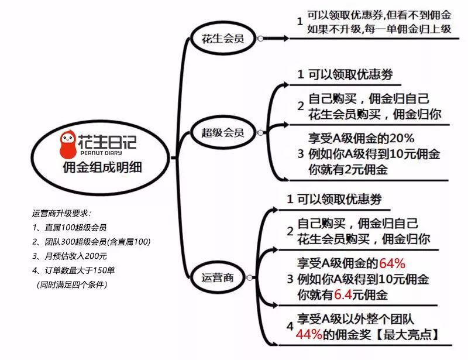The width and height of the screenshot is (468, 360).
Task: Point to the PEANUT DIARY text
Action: point(101,153)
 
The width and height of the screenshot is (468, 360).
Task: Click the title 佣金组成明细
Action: point(102,167)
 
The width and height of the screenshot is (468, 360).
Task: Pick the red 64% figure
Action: point(392,263)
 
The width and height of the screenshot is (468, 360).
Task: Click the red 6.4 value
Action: point(343,294)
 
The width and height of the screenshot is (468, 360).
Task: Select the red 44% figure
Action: point(309,334)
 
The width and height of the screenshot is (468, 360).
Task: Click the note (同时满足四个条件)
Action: point(72,284)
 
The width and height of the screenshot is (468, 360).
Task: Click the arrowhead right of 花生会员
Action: point(285,38)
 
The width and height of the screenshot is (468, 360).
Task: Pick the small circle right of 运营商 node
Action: point(250,278)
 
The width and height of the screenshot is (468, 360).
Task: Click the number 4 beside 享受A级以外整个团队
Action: point(290,326)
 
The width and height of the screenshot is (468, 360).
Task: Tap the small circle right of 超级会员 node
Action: point(260,133)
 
